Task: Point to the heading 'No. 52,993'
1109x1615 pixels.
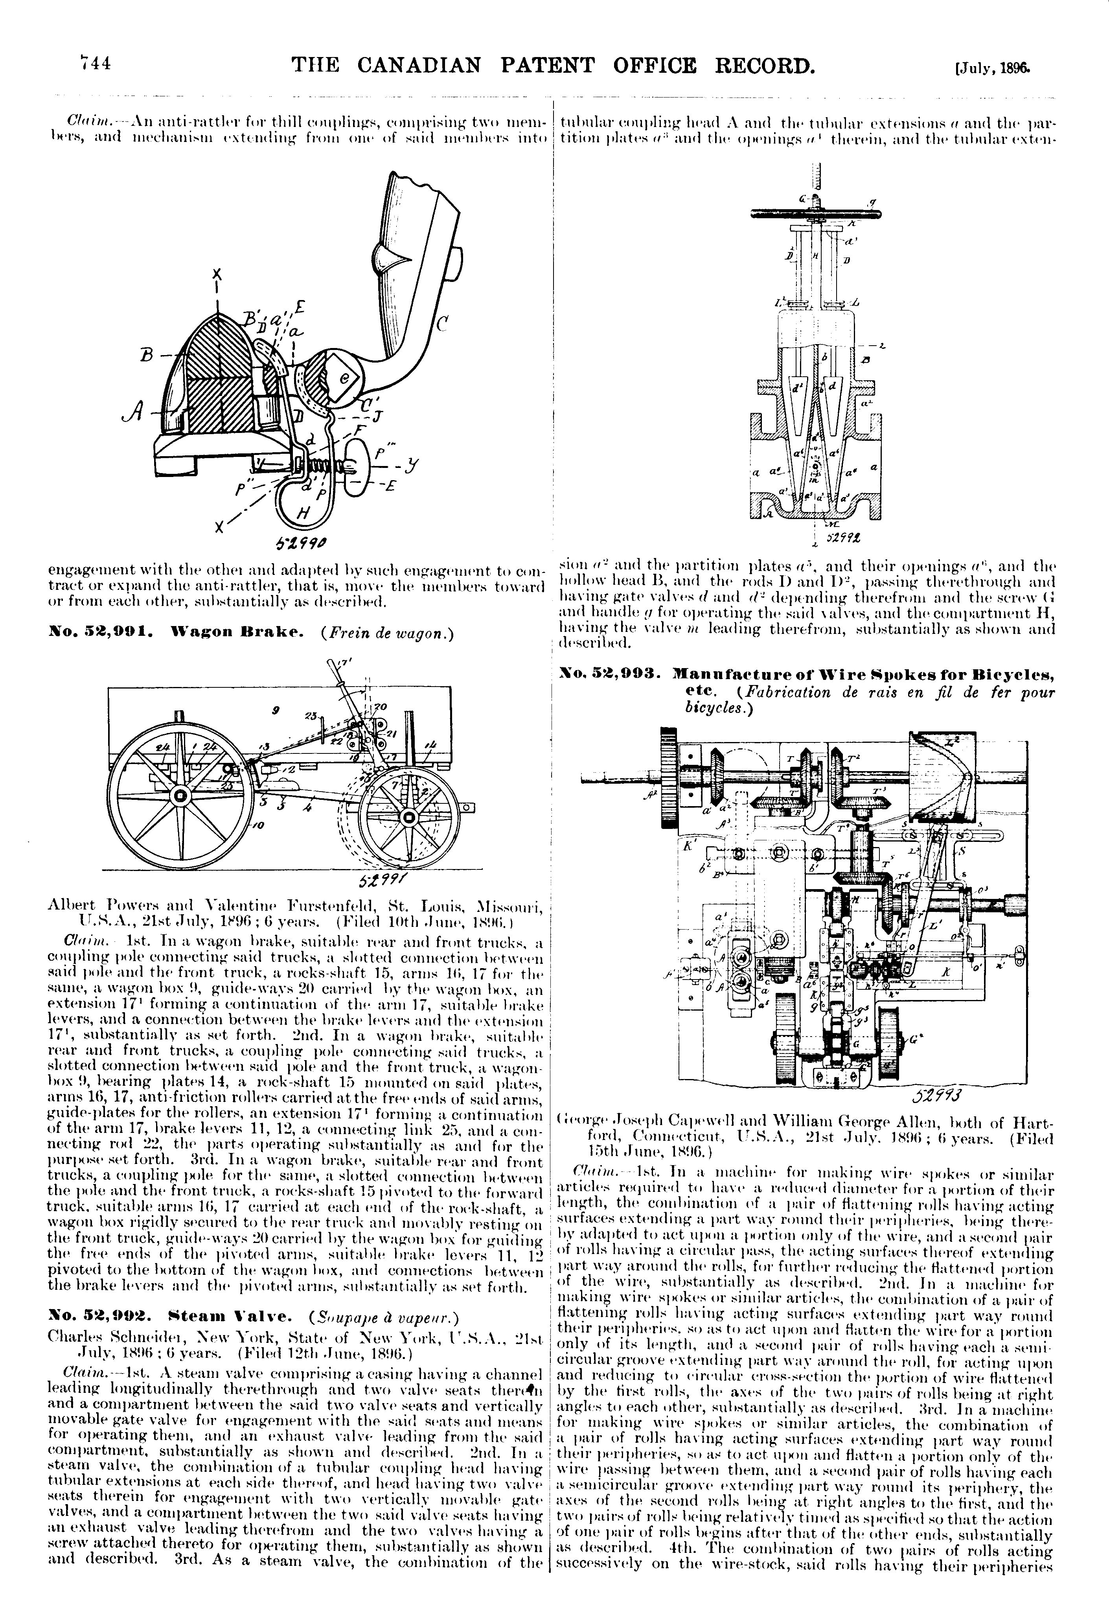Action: point(611,673)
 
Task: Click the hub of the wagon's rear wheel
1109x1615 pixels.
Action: point(181,796)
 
